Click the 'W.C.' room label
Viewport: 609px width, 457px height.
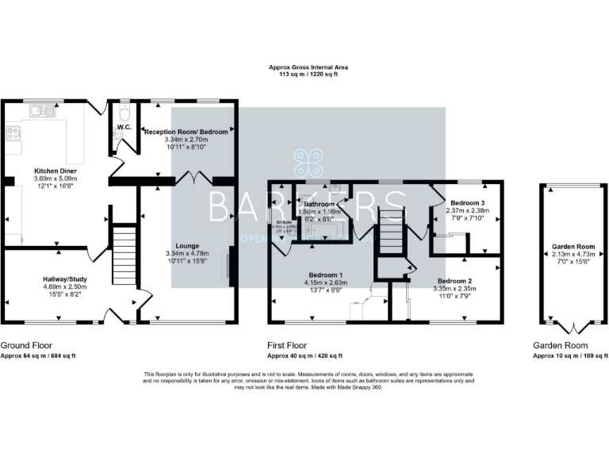pyautogui.click(x=124, y=127)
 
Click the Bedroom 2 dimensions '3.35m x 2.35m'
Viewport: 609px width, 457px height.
pyautogui.click(x=456, y=290)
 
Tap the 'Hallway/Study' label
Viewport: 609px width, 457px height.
pyautogui.click(x=65, y=279)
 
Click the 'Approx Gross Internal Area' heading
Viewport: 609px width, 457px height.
pyautogui.click(x=308, y=68)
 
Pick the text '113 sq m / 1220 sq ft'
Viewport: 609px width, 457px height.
pyautogui.click(x=308, y=76)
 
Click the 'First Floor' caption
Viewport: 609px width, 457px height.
pyautogui.click(x=287, y=347)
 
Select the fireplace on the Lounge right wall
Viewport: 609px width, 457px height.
pyautogui.click(x=231, y=265)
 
